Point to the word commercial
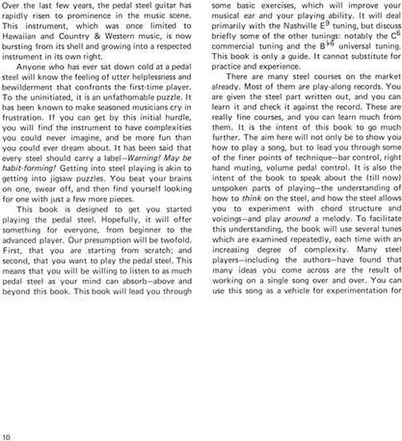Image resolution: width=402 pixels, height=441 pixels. (x=232, y=46)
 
